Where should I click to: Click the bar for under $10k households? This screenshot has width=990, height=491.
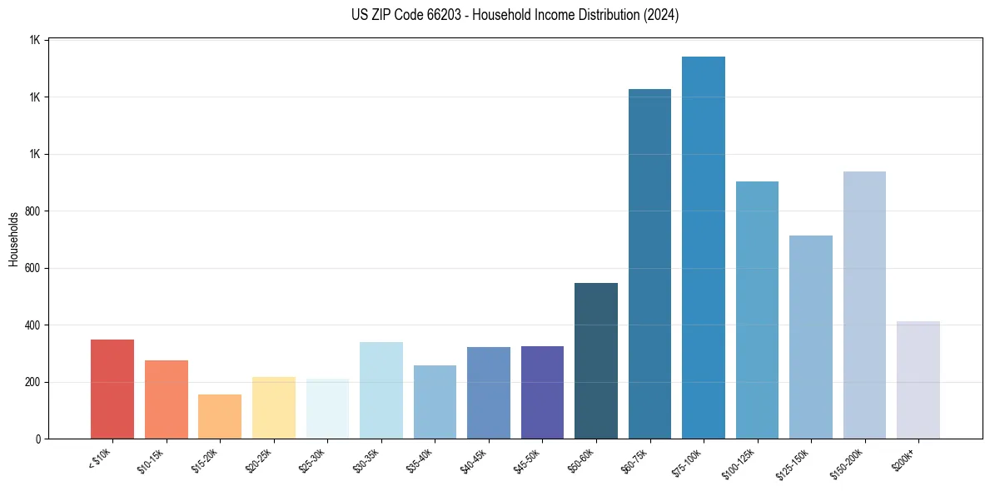112,389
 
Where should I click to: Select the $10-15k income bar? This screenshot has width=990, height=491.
166,399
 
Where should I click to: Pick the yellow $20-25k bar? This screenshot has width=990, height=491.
274,408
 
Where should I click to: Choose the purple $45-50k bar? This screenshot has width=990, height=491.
542,392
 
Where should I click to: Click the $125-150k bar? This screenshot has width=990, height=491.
811,336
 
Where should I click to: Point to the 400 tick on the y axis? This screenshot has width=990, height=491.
33,325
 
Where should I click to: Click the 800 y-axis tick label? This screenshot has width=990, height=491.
33,211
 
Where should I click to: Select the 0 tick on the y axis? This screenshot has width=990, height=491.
38,439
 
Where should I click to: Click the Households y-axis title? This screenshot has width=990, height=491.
13,240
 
